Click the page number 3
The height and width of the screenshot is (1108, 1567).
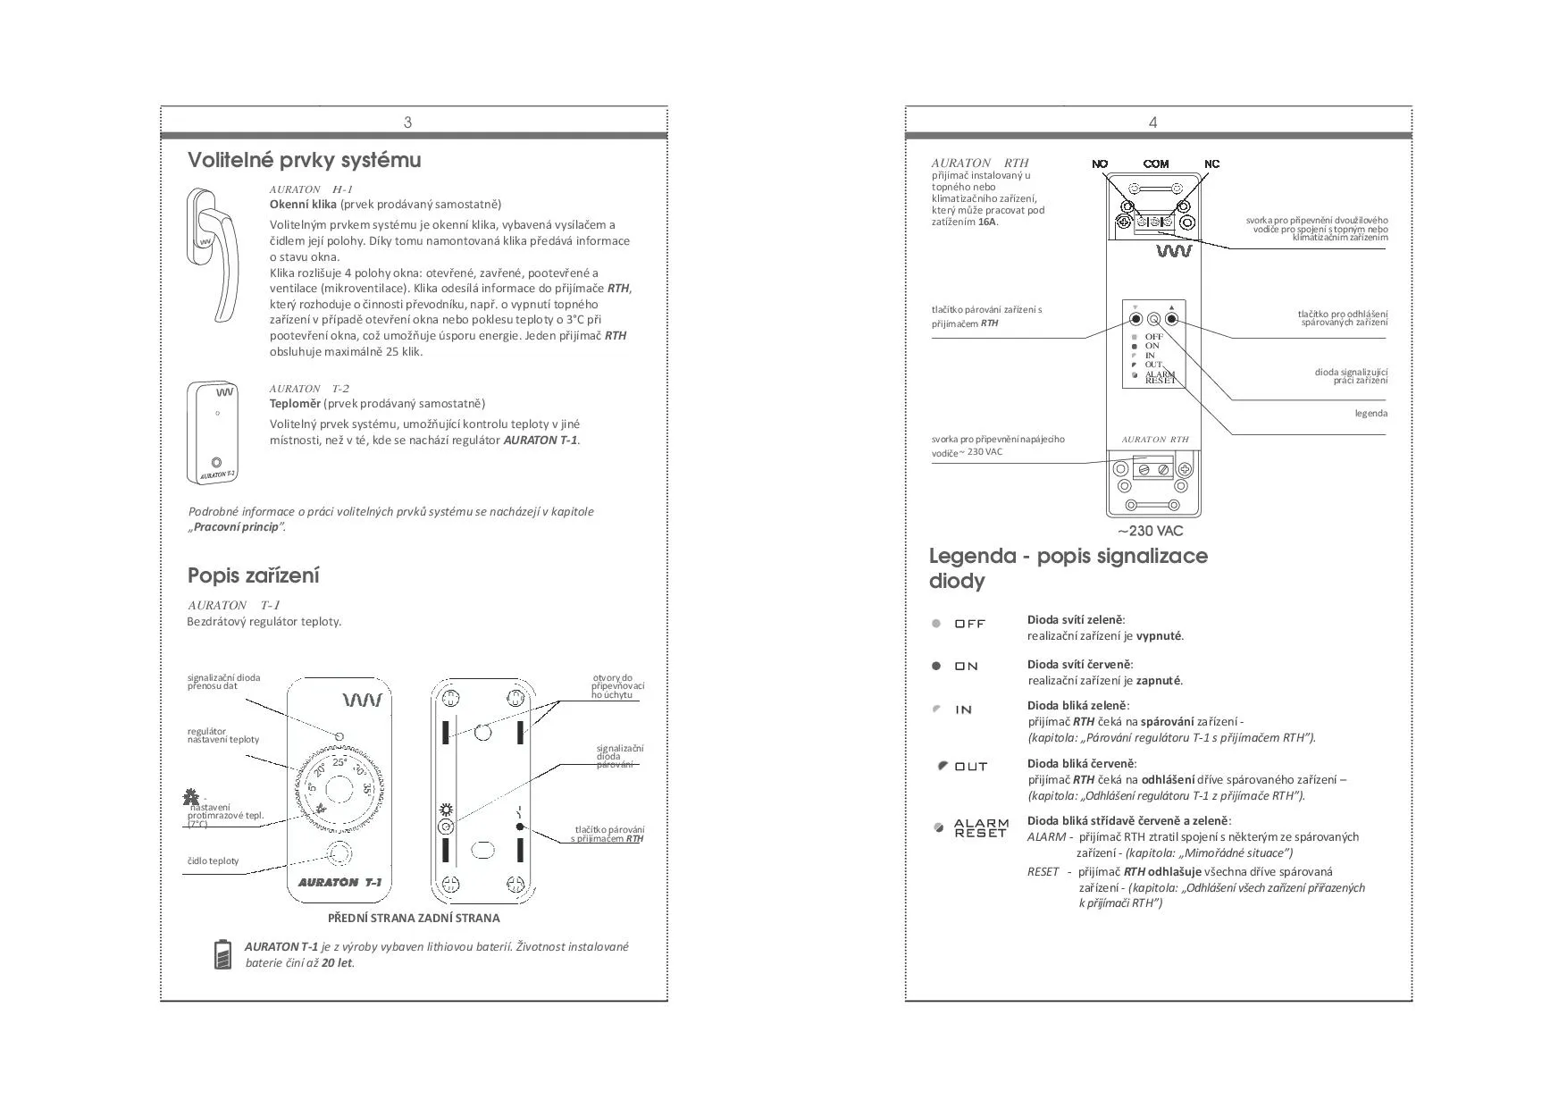click(x=408, y=122)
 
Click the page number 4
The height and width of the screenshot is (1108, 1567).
click(x=1152, y=122)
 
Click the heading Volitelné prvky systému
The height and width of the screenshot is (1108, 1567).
click(x=304, y=161)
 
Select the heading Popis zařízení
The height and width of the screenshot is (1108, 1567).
click(x=253, y=575)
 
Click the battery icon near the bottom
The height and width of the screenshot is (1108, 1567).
click(x=223, y=954)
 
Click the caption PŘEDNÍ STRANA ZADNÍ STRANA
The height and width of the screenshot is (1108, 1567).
click(x=414, y=918)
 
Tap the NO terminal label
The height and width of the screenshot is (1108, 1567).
click(x=1100, y=164)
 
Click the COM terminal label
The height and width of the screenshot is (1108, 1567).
click(x=1156, y=164)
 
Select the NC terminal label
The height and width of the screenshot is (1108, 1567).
click(x=1211, y=164)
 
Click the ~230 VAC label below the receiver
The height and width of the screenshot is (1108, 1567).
click(x=1151, y=531)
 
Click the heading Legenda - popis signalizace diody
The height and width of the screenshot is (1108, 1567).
click(x=1068, y=568)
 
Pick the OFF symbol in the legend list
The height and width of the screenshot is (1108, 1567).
click(x=959, y=624)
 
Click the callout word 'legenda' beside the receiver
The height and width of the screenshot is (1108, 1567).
click(x=1370, y=414)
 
